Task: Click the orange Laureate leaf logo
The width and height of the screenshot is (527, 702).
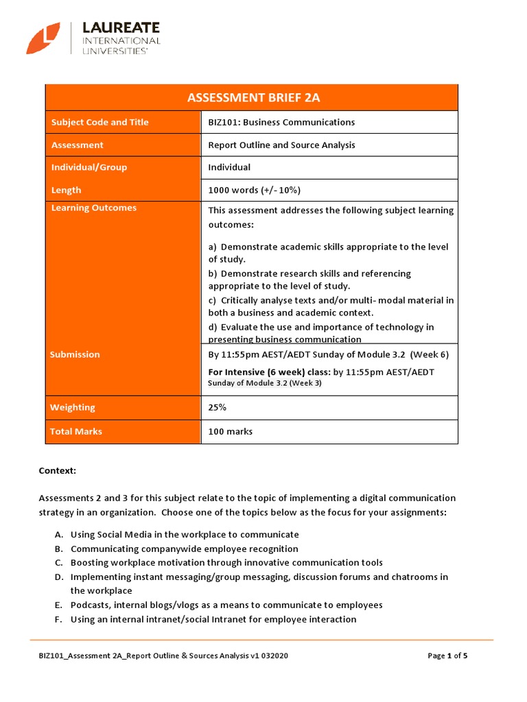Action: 43,38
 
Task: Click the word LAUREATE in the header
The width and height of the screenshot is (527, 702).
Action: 121,28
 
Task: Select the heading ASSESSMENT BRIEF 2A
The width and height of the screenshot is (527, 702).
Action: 253,97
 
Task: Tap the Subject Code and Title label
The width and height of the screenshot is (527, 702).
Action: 99,122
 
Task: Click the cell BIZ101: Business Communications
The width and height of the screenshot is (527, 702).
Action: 281,122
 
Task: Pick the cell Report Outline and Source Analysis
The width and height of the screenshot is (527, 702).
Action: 281,145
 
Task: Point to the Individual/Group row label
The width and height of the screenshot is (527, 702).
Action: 89,167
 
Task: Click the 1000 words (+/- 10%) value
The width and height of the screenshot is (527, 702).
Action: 254,190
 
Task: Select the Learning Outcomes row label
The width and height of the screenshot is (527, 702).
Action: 93,208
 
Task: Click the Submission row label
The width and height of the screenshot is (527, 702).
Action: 75,354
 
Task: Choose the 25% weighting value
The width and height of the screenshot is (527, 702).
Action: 218,407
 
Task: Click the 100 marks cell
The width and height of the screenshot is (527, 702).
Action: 230,431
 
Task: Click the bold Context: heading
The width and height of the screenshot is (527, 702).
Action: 57,472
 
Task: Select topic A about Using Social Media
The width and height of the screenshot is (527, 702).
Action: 185,534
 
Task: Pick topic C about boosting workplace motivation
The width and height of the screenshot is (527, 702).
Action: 226,562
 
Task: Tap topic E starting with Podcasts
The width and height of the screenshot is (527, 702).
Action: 226,605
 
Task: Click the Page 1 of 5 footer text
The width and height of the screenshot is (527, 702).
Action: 447,655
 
